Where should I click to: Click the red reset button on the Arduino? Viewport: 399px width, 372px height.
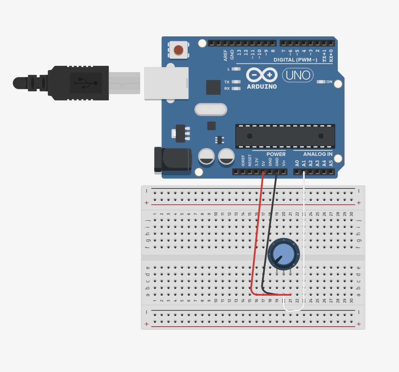coord(178,50)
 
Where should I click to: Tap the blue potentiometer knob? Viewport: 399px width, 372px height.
coord(283,254)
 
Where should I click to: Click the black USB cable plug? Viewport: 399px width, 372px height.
coord(79,83)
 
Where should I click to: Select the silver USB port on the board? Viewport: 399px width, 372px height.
coord(166,83)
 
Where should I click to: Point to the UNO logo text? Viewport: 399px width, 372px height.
coord(298,75)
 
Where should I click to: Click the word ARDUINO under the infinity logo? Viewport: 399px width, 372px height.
coord(262,87)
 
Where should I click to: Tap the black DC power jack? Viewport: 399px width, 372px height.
coord(173,160)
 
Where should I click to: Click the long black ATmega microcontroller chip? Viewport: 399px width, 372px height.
coord(285,136)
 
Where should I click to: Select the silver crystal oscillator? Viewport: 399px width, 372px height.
coord(211,109)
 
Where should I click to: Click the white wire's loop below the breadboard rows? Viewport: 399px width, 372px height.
coord(293,310)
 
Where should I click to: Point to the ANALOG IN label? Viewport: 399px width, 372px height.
coord(318,154)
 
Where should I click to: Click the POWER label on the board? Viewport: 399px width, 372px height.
coord(276,154)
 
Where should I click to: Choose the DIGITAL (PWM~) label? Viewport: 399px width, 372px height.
coord(295,60)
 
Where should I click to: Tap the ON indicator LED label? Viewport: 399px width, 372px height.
coord(329,82)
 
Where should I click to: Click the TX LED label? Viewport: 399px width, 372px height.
coord(227,82)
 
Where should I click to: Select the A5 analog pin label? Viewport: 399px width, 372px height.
coord(331,163)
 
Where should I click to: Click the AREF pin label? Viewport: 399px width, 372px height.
coord(225,55)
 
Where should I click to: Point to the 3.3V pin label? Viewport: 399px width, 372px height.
coord(256,162)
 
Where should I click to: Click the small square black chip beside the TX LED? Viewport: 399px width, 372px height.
coord(213,87)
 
